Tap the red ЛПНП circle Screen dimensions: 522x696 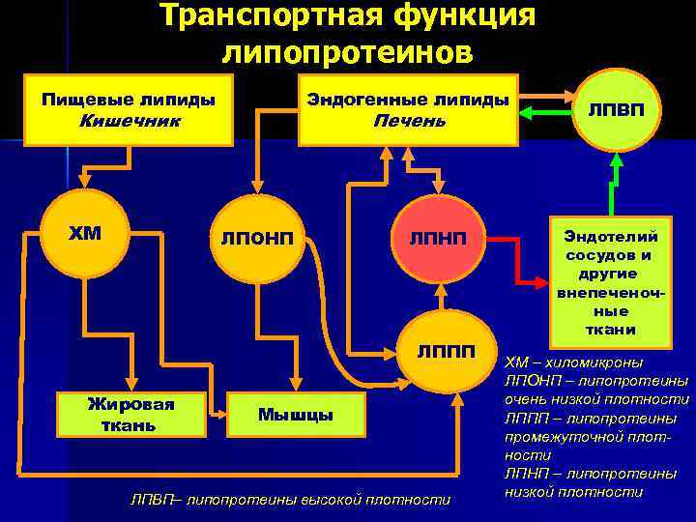click(x=436, y=238)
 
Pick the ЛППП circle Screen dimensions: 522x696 click(x=446, y=350)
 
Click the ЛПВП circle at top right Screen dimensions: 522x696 click(x=611, y=110)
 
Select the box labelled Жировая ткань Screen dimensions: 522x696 click(x=130, y=414)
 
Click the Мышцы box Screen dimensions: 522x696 click(x=296, y=415)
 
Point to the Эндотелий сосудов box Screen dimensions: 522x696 click(x=610, y=281)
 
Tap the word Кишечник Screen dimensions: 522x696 click(x=129, y=121)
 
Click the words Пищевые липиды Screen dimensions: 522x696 click(x=129, y=101)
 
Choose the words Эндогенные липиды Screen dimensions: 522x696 click(x=408, y=101)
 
